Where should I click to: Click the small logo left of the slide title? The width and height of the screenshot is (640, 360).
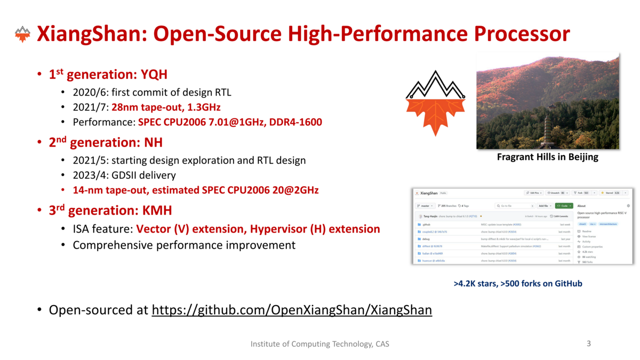click(22, 35)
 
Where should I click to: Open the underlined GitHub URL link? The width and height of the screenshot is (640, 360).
click(292, 310)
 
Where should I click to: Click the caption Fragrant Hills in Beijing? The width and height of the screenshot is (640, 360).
click(547, 157)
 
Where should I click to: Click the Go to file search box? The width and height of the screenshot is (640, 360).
click(514, 205)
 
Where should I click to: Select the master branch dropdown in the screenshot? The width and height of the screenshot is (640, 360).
click(426, 205)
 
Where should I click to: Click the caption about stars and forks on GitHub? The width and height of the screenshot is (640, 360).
click(518, 284)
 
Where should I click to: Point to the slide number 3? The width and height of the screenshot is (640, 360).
click(589, 343)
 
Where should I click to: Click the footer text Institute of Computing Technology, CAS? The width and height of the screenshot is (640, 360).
click(320, 344)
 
